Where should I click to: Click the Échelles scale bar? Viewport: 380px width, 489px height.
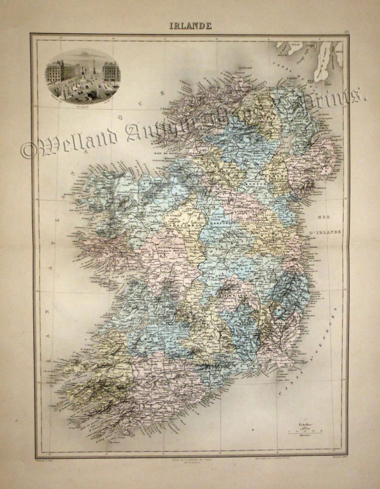tap(306, 433)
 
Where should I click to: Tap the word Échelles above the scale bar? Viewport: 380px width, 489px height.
tap(306, 424)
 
